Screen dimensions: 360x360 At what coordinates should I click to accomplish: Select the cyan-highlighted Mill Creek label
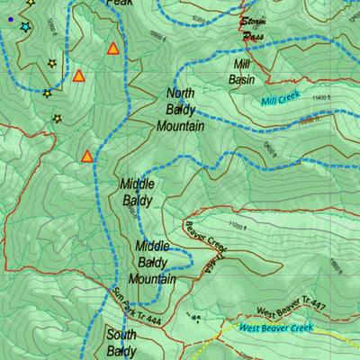280,102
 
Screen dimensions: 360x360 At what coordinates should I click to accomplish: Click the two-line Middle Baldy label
137,192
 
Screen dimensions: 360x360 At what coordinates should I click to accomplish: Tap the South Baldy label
122,342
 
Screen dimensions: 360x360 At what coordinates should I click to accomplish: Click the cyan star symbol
24,27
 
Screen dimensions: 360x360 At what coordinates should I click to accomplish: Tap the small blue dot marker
10,18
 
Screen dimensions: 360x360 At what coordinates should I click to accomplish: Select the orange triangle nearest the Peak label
113,48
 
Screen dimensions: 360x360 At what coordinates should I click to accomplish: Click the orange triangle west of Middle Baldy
87,156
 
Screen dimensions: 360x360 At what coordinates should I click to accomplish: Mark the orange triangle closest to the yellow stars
78,76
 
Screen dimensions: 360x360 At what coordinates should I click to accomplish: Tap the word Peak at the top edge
119,4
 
